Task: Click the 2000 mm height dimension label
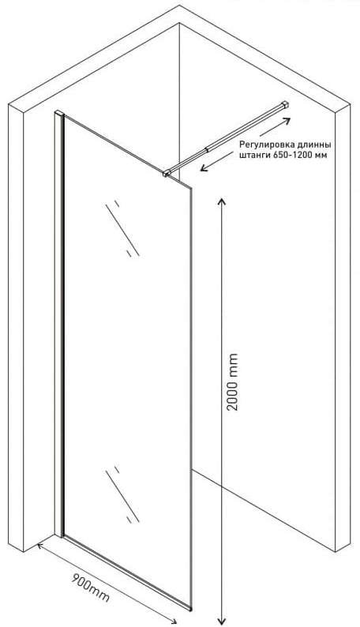[x=232, y=381]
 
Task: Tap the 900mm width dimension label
[x=90, y=588]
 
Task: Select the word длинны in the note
[x=314, y=144]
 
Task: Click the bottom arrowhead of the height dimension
[x=221, y=621]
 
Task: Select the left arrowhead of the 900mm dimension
[x=41, y=546]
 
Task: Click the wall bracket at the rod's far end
[x=285, y=104]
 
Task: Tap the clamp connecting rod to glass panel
[x=167, y=173]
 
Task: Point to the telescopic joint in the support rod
[x=207, y=150]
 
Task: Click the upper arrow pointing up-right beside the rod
[x=275, y=127]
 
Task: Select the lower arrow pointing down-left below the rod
[x=216, y=162]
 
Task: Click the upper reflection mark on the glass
[x=122, y=228]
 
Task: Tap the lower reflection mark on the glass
[x=122, y=494]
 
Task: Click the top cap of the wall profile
[x=59, y=114]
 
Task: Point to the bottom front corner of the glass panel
[x=190, y=610]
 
